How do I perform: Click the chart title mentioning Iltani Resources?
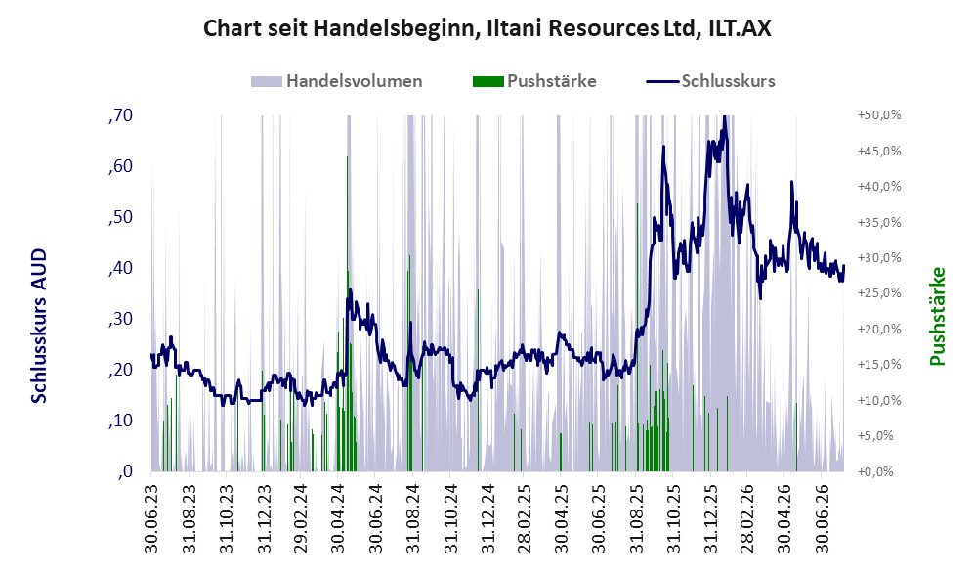[487, 28]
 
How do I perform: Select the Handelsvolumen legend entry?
[337, 81]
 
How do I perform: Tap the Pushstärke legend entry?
[534, 81]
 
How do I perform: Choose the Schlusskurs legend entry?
[710, 81]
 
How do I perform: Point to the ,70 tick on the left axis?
[120, 115]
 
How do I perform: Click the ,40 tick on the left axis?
[120, 268]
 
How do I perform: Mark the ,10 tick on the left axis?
[120, 421]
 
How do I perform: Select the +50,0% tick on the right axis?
[879, 115]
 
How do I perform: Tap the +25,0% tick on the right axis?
[879, 293]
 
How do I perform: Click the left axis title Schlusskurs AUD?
[38, 326]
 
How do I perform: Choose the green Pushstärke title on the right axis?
[937, 317]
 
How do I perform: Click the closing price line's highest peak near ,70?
[724, 117]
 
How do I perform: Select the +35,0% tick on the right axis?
[879, 223]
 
